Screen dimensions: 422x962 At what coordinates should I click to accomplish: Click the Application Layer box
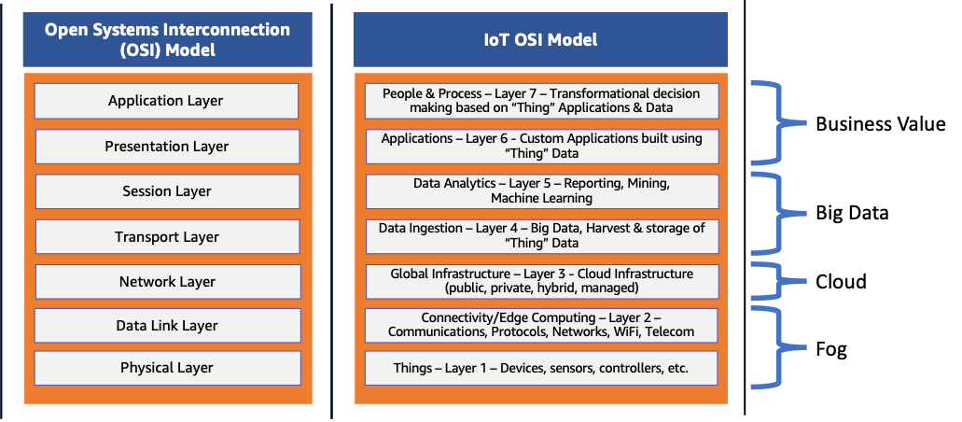(x=166, y=101)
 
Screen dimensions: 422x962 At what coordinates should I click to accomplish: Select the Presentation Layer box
(x=166, y=147)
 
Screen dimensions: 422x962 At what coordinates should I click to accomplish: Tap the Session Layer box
(x=166, y=191)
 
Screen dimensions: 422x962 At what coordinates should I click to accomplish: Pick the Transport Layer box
(x=166, y=237)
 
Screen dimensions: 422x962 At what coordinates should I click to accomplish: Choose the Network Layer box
(x=166, y=282)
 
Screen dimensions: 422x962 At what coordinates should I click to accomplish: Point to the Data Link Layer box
(x=166, y=326)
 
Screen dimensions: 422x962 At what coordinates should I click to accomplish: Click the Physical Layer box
(x=166, y=368)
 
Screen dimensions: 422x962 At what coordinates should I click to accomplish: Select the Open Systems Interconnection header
(x=167, y=40)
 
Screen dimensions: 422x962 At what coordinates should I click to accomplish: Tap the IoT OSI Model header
(x=539, y=40)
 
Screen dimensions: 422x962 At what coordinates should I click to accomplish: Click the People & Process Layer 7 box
(x=541, y=101)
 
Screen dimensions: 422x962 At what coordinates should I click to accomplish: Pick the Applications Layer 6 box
(x=541, y=147)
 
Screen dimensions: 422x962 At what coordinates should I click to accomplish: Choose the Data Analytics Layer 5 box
(x=541, y=191)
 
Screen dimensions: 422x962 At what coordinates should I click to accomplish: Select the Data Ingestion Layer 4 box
(x=541, y=236)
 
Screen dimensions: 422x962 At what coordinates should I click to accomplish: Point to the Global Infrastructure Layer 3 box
(x=541, y=281)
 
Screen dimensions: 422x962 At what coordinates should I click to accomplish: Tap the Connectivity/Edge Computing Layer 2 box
(x=541, y=325)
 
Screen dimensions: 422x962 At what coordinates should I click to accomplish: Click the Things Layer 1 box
(x=541, y=368)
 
